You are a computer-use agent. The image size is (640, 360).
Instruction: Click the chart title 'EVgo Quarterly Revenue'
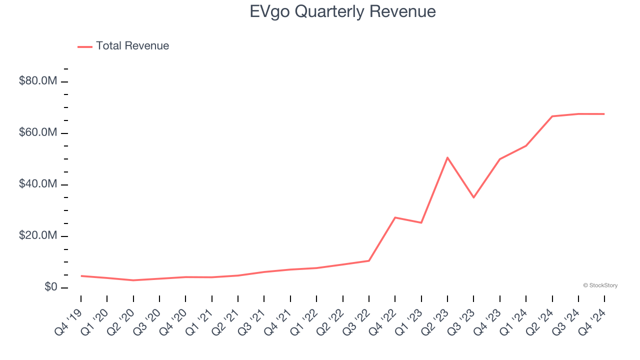(342, 11)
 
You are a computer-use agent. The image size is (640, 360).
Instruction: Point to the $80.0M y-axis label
(38, 81)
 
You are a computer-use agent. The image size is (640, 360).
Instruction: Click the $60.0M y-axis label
(38, 132)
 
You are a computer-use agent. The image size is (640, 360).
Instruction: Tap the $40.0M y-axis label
(38, 184)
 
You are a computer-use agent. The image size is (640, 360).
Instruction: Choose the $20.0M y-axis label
(38, 235)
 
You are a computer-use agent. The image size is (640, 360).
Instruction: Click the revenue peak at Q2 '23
(447, 157)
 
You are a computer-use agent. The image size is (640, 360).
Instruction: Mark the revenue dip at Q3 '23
(473, 197)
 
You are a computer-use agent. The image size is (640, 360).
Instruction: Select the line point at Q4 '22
(395, 217)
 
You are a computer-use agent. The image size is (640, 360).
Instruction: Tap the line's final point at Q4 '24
(604, 114)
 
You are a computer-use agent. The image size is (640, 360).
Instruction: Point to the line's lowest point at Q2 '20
(133, 280)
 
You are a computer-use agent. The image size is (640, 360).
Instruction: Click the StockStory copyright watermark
(600, 285)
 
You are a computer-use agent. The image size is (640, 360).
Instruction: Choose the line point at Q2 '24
(552, 116)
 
